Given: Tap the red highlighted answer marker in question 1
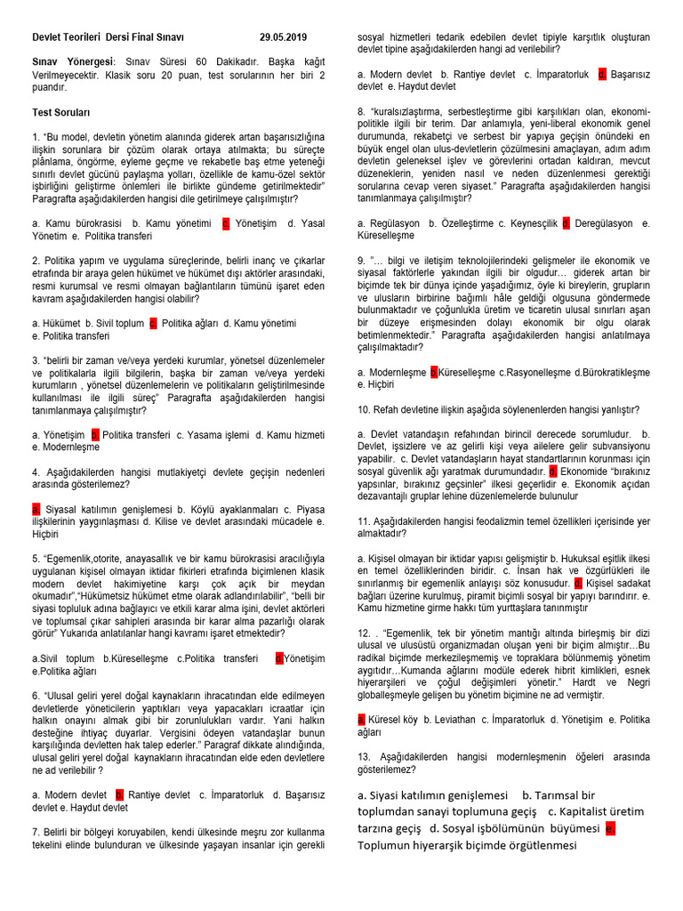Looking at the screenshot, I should coord(226,223).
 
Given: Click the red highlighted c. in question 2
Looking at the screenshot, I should coord(154,323).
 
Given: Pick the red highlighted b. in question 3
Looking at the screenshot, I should coord(94,434).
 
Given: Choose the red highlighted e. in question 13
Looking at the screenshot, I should coord(610,828).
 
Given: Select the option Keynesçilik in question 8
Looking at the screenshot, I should coord(534,223).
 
